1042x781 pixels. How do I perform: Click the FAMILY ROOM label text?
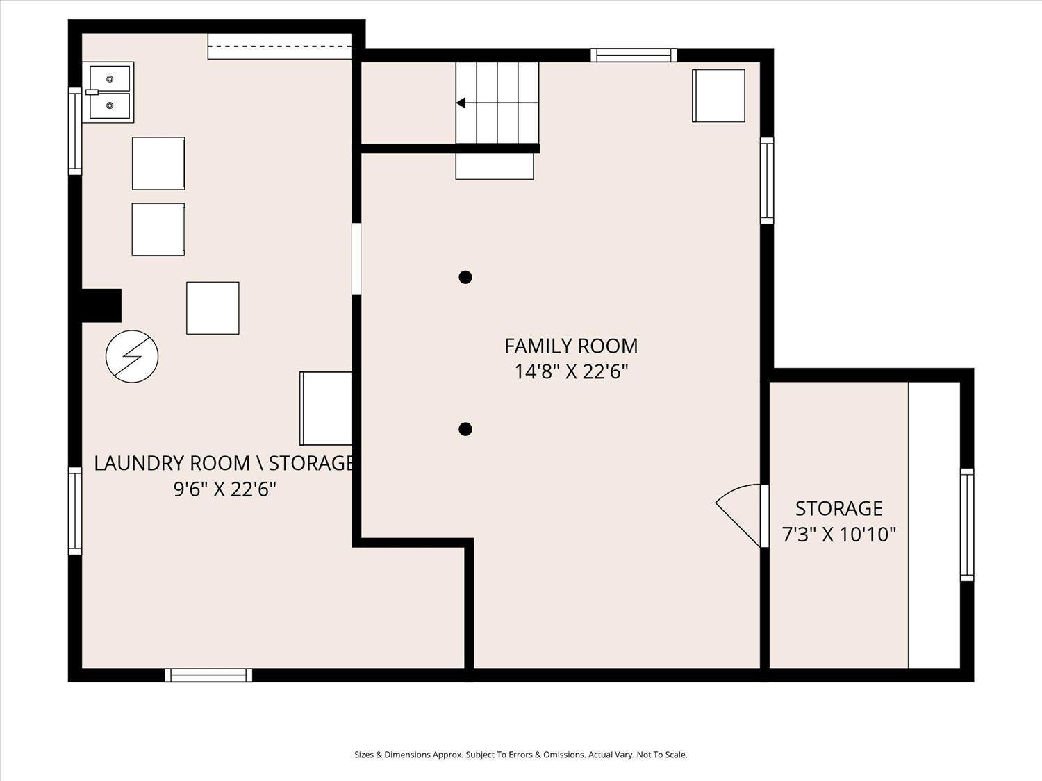570,346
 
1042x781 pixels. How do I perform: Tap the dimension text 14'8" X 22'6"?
570,372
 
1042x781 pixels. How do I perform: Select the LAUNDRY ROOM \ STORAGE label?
224,463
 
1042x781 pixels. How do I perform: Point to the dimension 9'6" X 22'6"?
224,489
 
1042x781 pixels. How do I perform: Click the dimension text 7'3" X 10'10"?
838,535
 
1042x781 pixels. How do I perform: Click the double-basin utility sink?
108,92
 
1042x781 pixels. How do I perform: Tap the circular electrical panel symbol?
132,356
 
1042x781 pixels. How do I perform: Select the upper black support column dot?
465,277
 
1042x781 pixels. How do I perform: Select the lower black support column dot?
465,429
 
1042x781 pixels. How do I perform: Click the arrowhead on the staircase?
461,103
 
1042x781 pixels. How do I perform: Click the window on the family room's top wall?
634,55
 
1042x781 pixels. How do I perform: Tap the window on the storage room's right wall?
966,524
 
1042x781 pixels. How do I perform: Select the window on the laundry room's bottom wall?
208,675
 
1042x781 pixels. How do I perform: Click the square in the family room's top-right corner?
718,96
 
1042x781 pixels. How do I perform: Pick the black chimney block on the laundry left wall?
101,305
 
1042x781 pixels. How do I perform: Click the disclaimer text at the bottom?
520,755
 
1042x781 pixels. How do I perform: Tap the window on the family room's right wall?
766,180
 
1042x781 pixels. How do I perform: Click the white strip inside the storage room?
934,524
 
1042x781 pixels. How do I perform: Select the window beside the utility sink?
74,131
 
